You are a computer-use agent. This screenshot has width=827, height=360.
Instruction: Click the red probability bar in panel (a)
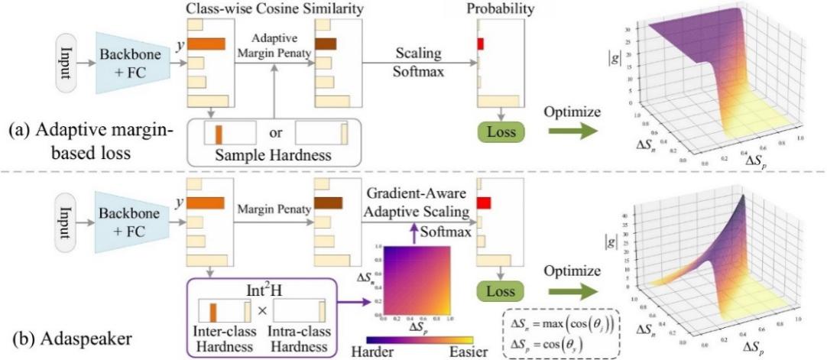pos(480,44)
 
